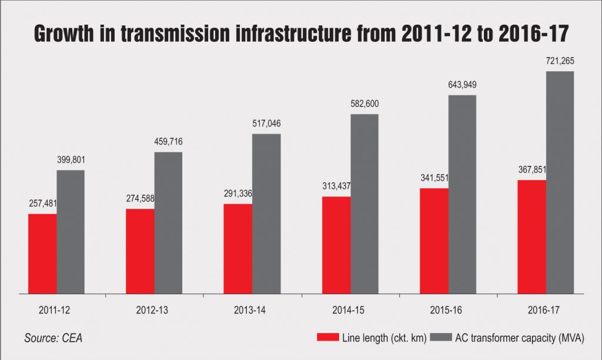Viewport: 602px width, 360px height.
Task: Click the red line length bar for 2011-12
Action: click(42, 253)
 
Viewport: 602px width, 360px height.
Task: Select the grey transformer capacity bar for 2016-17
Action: click(560, 182)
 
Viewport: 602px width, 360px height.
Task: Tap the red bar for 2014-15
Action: click(336, 245)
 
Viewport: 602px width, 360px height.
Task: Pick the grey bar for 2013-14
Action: click(266, 213)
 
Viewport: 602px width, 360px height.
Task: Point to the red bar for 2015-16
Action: click(434, 241)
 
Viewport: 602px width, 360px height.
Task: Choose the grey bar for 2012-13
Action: click(169, 222)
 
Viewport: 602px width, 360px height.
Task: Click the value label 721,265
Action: click(560, 61)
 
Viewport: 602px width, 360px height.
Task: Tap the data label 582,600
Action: click(364, 104)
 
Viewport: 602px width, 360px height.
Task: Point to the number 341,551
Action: click(434, 178)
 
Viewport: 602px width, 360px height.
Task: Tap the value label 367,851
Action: click(531, 170)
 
